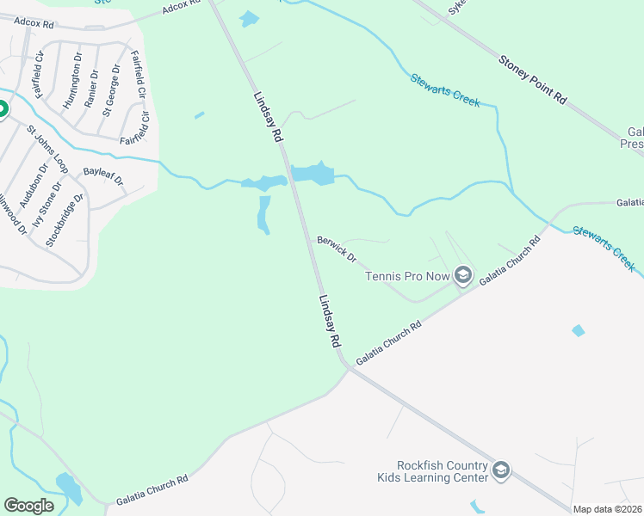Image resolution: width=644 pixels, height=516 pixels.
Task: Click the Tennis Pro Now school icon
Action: pyautogui.click(x=463, y=275)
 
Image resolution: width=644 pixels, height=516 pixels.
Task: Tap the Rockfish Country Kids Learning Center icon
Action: pyautogui.click(x=501, y=470)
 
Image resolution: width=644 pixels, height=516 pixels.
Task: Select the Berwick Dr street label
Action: pyautogui.click(x=337, y=249)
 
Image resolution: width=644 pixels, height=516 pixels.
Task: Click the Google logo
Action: pyautogui.click(x=29, y=506)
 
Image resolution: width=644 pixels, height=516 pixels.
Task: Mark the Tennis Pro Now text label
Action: pyautogui.click(x=408, y=276)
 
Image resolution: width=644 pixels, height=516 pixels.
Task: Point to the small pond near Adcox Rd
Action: pyautogui.click(x=249, y=18)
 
